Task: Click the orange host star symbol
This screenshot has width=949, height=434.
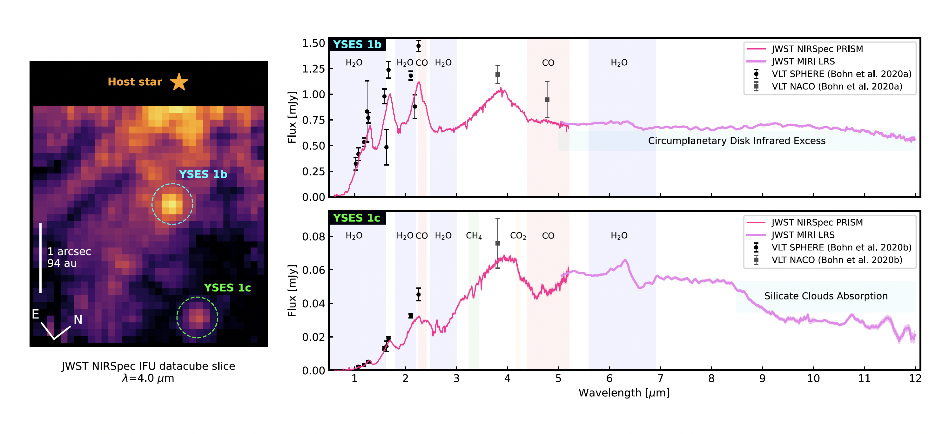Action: coord(179,82)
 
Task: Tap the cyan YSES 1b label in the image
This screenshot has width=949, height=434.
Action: coord(203,174)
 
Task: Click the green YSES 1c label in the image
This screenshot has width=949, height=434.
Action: coord(227,287)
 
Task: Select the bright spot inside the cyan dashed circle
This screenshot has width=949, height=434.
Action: coord(172,204)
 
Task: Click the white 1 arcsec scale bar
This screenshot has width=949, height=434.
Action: coord(41,258)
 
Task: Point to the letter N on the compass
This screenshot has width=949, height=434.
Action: coord(78,319)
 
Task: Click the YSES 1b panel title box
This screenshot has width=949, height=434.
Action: coord(357,44)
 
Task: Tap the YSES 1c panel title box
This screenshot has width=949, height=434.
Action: coord(356,218)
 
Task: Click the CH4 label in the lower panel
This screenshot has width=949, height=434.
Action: coord(474,236)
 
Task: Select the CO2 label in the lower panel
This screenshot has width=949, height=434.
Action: coord(518,236)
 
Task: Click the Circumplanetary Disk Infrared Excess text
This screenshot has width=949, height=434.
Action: coord(737,141)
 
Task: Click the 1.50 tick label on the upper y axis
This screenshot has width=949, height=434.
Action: coord(313,43)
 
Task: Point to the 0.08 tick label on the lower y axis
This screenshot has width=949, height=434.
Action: coord(313,236)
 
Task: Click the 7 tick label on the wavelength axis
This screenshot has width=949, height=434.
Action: coord(660,378)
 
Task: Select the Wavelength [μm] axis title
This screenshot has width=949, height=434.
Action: coord(624,393)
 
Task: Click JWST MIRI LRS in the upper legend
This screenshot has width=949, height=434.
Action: coord(803,62)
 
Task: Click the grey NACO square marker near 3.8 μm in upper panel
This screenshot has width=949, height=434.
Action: coord(498,75)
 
